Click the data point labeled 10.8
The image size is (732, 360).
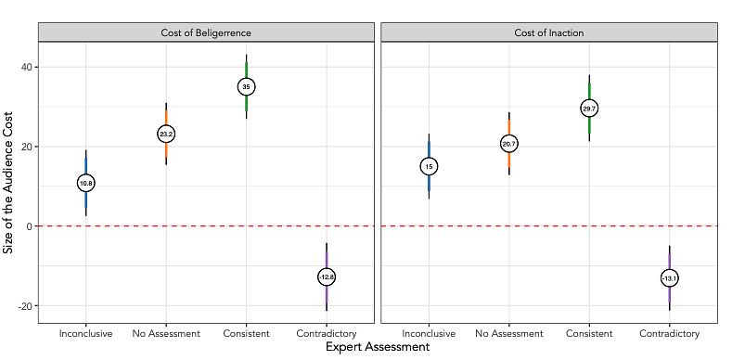(86, 184)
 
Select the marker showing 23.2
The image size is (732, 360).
(166, 134)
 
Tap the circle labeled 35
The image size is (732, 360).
(246, 86)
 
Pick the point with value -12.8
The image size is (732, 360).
(327, 276)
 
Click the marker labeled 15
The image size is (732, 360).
(429, 166)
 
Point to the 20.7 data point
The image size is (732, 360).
(508, 144)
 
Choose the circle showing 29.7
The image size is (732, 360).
(589, 109)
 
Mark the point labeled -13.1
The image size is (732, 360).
(670, 278)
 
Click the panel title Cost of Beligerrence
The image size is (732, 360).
(206, 32)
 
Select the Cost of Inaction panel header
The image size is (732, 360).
(549, 32)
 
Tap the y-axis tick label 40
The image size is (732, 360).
(27, 67)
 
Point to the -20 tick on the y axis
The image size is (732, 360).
(25, 306)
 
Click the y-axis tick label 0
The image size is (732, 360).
(30, 226)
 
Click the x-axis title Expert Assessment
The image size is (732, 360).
(378, 347)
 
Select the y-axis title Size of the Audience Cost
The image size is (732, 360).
(8, 182)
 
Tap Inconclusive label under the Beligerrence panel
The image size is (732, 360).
(86, 333)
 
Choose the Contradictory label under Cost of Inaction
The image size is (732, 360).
(670, 333)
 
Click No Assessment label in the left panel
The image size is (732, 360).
(166, 333)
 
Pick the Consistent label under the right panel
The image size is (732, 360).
(589, 333)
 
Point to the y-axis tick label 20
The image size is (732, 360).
(27, 147)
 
